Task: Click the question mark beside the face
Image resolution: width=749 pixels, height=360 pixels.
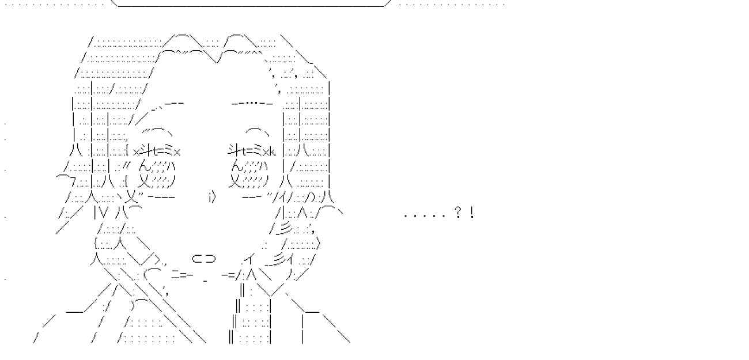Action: (457, 214)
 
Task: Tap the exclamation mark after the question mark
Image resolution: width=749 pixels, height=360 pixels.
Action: (472, 214)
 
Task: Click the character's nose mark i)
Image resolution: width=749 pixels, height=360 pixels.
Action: (211, 198)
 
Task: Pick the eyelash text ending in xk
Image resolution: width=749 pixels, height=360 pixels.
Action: (252, 151)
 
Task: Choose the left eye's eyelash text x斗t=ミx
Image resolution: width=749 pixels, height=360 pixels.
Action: (156, 151)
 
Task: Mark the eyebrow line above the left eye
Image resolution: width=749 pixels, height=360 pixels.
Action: (167, 104)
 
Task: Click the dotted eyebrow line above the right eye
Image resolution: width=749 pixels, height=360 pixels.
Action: (252, 104)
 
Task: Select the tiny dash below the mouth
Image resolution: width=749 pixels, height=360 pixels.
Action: (205, 282)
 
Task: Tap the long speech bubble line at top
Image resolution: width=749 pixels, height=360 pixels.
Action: (251, 6)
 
